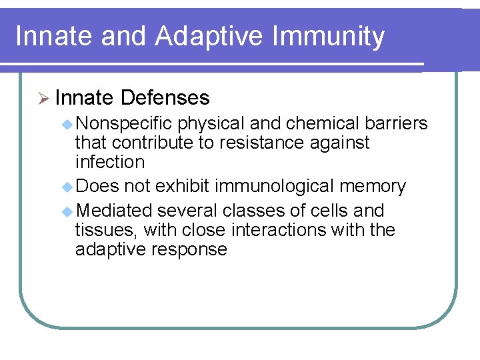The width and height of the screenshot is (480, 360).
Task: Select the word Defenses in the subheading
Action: pos(165,98)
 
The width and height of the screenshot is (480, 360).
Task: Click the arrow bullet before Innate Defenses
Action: pos(43,98)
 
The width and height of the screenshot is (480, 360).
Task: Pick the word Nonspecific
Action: pos(124,124)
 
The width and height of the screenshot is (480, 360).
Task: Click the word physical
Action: pos(211,124)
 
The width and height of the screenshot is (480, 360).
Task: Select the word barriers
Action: pos(397,124)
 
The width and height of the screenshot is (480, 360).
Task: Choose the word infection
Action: pos(110,162)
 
